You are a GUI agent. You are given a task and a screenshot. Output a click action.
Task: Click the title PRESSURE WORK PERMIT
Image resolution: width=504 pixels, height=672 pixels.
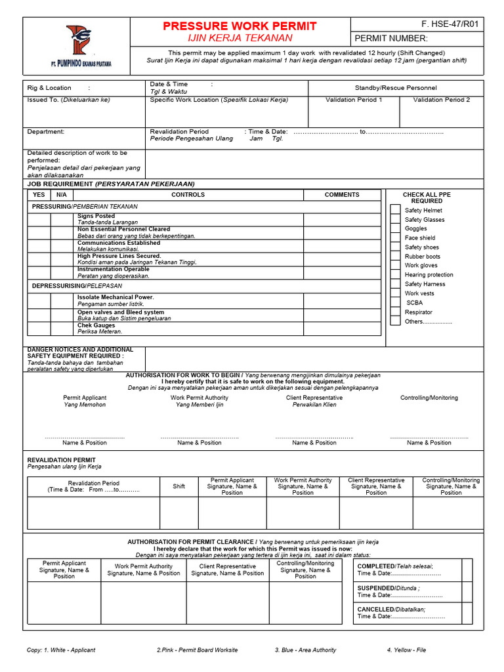(x=240, y=26)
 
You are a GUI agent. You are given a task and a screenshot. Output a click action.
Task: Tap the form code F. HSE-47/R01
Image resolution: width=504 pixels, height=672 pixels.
(x=450, y=24)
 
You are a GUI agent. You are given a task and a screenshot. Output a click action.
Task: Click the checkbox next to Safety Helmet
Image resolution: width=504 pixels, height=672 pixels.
(x=395, y=210)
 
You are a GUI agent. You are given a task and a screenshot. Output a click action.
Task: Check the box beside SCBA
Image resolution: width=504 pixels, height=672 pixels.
(x=395, y=303)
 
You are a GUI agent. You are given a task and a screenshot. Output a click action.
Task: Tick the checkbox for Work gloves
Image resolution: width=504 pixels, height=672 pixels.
(x=395, y=265)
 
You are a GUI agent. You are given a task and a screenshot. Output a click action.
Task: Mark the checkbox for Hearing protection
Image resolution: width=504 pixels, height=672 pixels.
(x=395, y=274)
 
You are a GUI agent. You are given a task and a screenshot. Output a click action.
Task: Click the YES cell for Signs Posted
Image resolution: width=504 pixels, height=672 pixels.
(x=39, y=219)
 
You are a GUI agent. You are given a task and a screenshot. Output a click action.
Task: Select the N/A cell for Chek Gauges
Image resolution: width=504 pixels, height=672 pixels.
(x=62, y=329)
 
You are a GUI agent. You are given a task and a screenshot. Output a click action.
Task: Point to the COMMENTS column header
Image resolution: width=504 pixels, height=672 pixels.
(x=342, y=195)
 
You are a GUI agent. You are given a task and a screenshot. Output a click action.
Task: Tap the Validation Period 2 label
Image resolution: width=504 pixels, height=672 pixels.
(x=441, y=100)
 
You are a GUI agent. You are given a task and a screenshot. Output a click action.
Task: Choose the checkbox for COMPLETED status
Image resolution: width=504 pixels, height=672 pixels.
(x=467, y=570)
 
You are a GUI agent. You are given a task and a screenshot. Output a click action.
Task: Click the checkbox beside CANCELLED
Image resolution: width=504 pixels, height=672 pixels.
(x=467, y=612)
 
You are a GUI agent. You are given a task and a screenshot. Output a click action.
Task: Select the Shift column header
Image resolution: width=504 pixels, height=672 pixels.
(x=179, y=486)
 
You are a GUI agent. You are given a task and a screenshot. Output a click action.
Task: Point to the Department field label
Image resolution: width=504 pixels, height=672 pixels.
(x=46, y=131)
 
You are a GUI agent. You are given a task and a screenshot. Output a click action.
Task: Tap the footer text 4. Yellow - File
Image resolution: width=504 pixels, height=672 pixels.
(x=406, y=650)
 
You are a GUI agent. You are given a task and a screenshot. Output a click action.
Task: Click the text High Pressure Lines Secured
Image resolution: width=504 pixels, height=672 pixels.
(x=119, y=256)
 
